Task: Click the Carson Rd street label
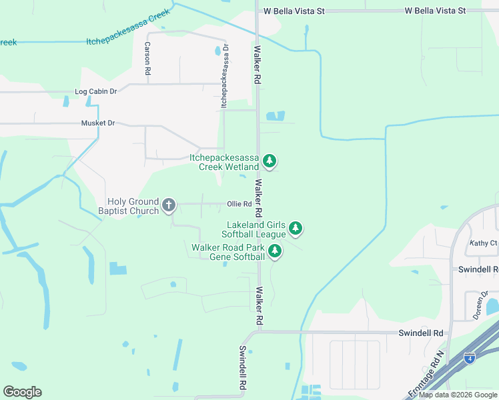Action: (x=147, y=58)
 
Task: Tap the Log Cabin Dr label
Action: (x=96, y=91)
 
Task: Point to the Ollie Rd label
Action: (x=239, y=204)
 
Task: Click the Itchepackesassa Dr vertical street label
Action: (x=225, y=76)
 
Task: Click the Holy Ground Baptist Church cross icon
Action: (x=169, y=205)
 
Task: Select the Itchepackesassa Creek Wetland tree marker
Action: (x=270, y=161)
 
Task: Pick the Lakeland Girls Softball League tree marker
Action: (x=296, y=229)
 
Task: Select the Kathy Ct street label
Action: (x=483, y=243)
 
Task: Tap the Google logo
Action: (x=22, y=391)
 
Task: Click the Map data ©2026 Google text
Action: (x=458, y=395)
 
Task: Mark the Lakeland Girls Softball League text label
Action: (x=256, y=229)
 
